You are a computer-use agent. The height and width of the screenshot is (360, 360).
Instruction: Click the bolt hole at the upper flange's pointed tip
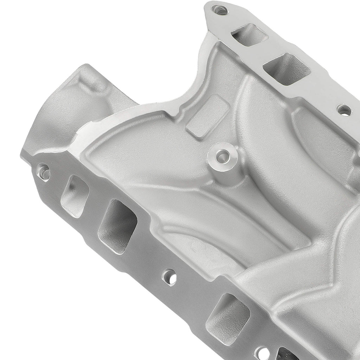(x=220, y=10)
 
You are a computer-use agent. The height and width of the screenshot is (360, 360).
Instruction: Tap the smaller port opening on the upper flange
(x=249, y=35)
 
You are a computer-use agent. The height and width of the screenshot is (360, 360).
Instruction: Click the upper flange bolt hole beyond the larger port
(x=343, y=110)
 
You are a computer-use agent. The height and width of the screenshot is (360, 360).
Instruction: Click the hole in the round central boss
(x=221, y=155)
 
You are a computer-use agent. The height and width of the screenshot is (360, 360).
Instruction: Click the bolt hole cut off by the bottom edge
(x=262, y=353)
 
